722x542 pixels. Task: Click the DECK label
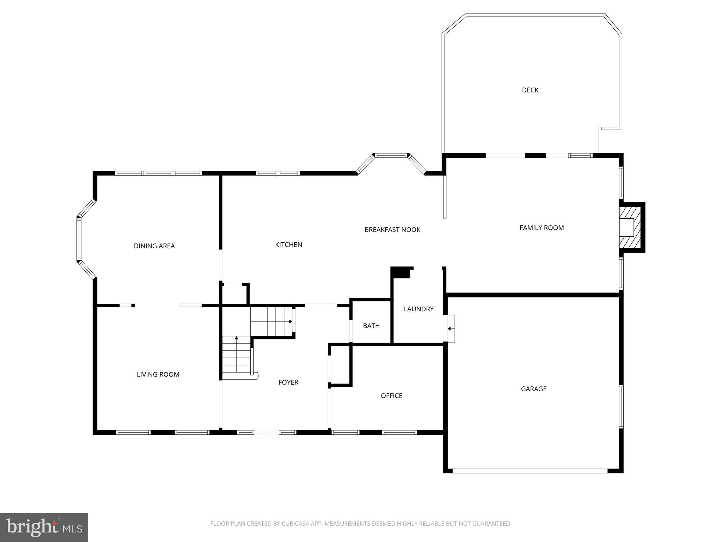(530, 90)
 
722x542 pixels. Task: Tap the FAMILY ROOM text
(541, 228)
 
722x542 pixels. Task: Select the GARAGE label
(533, 389)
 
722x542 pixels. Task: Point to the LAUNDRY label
(418, 309)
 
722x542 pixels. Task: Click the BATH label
(371, 326)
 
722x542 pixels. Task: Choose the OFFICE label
(391, 396)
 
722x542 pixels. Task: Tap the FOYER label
(288, 382)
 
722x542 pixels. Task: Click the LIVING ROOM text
(158, 374)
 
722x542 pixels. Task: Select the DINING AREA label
(154, 246)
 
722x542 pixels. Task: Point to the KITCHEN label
(288, 245)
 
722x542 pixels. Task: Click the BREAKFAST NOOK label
(392, 230)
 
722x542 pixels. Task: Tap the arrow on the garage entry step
(449, 329)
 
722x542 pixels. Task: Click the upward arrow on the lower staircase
(236, 338)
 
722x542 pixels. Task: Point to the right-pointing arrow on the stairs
(290, 321)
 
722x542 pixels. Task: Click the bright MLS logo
(44, 527)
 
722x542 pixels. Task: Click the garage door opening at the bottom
(530, 471)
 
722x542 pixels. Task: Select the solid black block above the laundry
(401, 273)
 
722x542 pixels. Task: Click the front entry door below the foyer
(267, 432)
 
